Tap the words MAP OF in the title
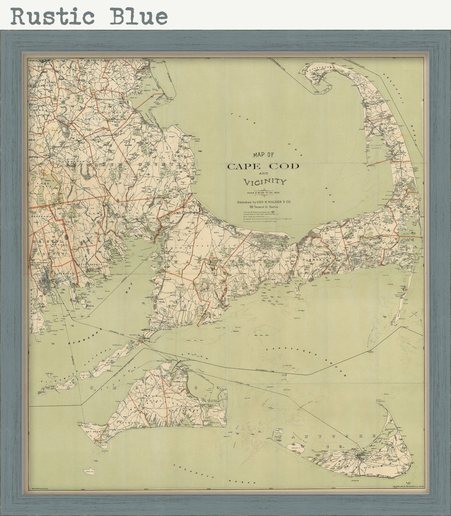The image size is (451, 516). (x=263, y=154)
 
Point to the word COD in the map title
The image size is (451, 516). (x=287, y=166)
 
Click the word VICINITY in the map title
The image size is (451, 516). (x=265, y=182)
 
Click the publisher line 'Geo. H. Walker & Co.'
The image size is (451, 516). (x=264, y=202)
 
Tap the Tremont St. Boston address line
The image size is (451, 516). (x=264, y=208)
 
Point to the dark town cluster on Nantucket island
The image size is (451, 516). (x=359, y=454)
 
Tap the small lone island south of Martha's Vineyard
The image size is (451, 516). (x=89, y=471)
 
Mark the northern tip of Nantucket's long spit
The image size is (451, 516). (x=379, y=404)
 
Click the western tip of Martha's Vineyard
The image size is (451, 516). (x=82, y=426)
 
